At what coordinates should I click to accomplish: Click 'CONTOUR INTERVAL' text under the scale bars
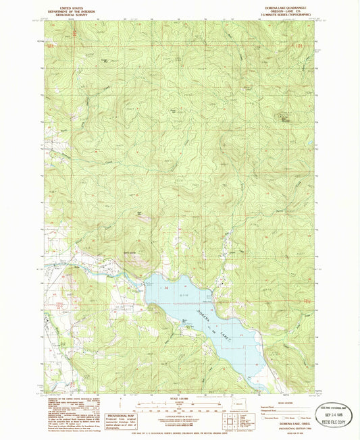[180, 415]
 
